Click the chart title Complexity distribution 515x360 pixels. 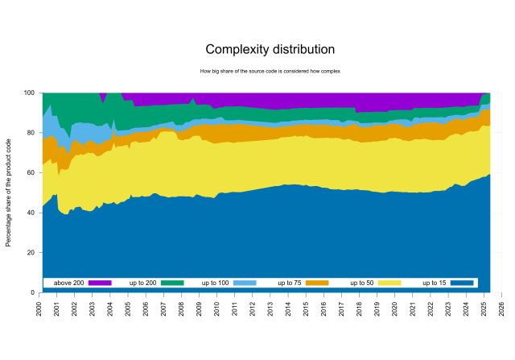click(x=270, y=50)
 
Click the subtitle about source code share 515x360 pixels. click(x=270, y=71)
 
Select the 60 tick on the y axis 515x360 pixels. click(x=31, y=173)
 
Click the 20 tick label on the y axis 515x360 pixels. click(x=31, y=253)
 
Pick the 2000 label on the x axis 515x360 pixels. click(x=39, y=310)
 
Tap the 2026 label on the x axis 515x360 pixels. click(x=501, y=310)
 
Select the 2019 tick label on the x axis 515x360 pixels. click(x=377, y=310)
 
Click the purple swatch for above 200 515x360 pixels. click(x=99, y=283)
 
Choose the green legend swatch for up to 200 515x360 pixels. click(x=172, y=283)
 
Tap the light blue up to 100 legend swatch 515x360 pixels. click(x=245, y=283)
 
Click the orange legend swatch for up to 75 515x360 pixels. click(x=317, y=283)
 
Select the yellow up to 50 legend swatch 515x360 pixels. click(x=389, y=283)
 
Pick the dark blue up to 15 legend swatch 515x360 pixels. click(x=461, y=283)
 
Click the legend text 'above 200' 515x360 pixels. click(x=69, y=283)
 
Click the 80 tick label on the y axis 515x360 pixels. click(x=31, y=133)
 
